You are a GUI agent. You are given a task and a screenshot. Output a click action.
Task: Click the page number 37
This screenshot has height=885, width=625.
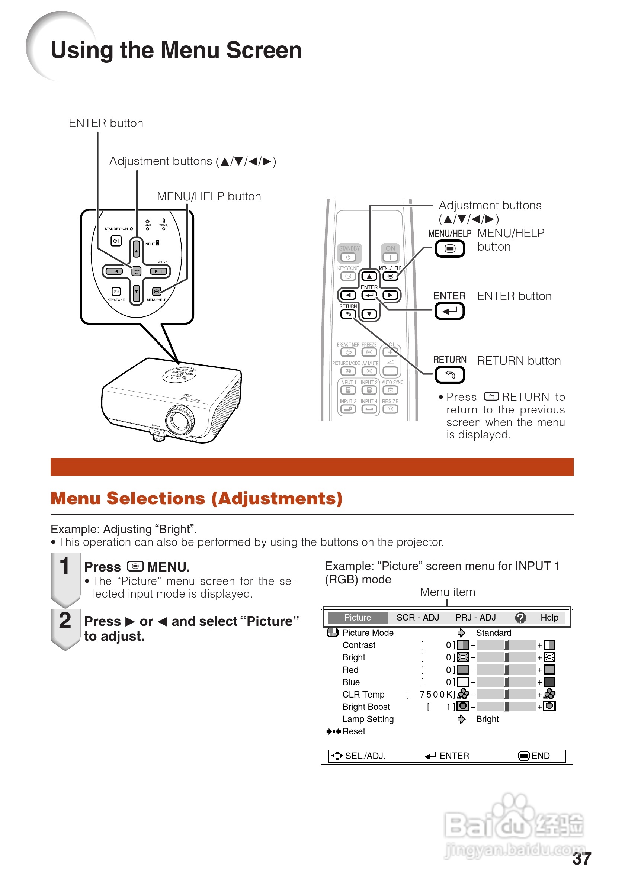click(x=581, y=859)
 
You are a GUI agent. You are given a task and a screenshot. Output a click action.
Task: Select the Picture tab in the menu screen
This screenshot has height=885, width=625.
click(x=358, y=618)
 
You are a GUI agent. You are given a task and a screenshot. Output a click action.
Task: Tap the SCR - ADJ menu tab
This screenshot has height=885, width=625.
click(x=417, y=618)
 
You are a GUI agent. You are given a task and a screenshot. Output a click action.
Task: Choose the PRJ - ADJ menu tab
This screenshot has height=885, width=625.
click(x=475, y=618)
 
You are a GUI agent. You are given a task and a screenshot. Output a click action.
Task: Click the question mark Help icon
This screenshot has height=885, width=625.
click(x=520, y=618)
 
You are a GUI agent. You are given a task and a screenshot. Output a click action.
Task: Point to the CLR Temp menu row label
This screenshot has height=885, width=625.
click(x=363, y=695)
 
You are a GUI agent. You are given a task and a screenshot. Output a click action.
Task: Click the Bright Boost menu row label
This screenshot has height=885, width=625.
click(x=366, y=707)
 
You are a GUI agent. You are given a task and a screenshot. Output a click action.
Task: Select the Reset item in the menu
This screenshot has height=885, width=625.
click(x=353, y=731)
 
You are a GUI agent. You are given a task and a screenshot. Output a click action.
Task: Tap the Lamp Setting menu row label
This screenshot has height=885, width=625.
click(x=368, y=719)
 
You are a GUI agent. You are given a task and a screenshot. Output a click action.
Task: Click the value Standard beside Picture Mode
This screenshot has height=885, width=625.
click(x=494, y=633)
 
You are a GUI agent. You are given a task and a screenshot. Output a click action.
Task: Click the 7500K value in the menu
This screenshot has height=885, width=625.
click(x=436, y=695)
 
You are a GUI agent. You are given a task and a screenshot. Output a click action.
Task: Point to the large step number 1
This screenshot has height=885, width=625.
click(x=64, y=566)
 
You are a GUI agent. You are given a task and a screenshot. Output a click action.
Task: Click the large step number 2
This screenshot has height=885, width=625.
click(x=65, y=621)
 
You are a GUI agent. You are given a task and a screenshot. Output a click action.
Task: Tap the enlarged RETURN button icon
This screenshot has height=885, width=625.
click(x=449, y=374)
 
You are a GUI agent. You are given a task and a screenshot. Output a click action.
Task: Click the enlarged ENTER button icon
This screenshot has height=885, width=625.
click(x=449, y=310)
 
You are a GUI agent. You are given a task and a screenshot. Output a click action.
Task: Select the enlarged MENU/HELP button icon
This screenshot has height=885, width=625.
click(x=449, y=249)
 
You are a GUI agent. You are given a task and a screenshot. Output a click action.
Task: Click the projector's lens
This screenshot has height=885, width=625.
click(x=180, y=421)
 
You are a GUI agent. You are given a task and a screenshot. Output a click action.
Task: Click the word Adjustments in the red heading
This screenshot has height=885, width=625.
click(x=277, y=498)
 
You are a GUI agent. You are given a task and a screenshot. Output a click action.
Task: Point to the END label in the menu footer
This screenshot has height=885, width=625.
click(x=540, y=756)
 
